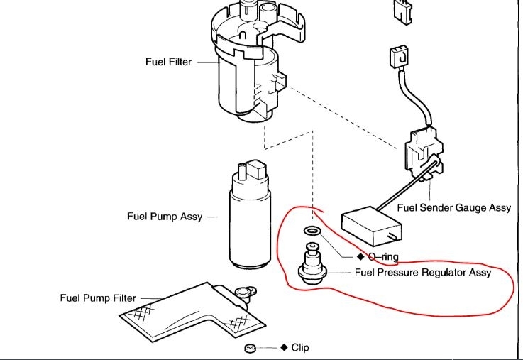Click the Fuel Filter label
coord(169,62)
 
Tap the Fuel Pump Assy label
coord(163,217)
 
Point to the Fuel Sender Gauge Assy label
coord(454,208)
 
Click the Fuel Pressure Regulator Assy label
coord(422,272)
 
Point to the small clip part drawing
coord(249,349)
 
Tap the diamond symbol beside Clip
coord(284,348)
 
